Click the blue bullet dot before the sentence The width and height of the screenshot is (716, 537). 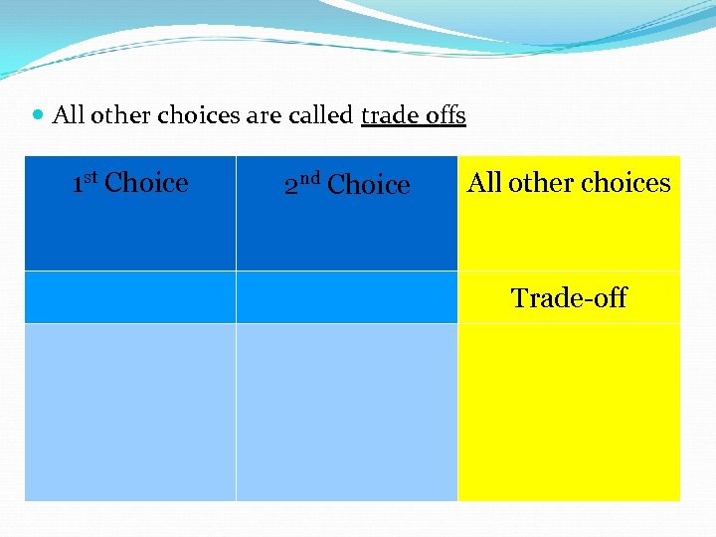tap(38, 116)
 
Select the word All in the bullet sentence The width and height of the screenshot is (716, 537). tap(68, 115)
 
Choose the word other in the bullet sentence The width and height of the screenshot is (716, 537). tap(116, 115)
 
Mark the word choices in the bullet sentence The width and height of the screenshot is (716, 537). tap(196, 115)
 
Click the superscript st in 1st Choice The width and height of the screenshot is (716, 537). tap(90, 177)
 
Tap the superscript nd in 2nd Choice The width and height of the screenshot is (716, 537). tap(308, 179)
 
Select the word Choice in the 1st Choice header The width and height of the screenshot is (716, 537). tap(146, 183)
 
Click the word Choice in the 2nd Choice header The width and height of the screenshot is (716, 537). tap(368, 185)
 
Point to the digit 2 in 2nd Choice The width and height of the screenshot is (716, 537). tap(290, 186)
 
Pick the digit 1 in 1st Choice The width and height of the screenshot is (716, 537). tap(78, 184)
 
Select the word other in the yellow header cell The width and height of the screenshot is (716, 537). tap(541, 183)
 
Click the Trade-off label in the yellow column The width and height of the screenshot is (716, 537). tap(569, 297)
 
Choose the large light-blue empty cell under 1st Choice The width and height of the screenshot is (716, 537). tap(130, 412)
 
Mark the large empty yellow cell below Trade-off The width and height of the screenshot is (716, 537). tap(569, 412)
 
